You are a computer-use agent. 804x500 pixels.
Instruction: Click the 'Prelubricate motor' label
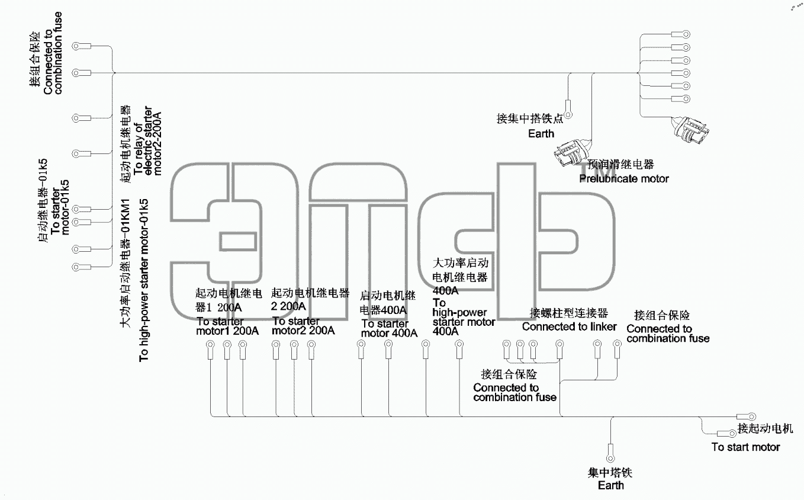click(x=624, y=178)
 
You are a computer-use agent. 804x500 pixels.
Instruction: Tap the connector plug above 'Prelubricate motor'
click(x=572, y=153)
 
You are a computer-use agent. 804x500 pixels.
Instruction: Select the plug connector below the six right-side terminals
click(x=690, y=130)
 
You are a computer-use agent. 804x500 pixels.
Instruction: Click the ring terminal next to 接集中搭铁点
click(x=568, y=110)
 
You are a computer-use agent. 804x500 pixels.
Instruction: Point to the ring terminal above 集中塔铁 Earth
click(x=610, y=453)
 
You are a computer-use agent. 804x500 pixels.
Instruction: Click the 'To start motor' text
click(x=745, y=447)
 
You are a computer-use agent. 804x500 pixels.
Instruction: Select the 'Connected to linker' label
click(x=570, y=326)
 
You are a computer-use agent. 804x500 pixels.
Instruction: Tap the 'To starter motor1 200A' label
click(x=227, y=326)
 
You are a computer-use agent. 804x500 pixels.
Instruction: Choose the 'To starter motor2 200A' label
click(x=303, y=326)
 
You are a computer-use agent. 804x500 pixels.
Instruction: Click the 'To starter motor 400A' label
click(x=389, y=328)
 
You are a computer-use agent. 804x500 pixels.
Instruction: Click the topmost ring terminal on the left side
click(x=82, y=46)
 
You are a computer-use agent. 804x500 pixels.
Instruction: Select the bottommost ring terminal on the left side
click(x=82, y=267)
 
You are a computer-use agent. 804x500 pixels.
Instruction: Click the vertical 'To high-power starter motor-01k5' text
click(x=143, y=280)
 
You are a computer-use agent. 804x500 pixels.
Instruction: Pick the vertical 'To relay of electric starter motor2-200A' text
click(x=147, y=140)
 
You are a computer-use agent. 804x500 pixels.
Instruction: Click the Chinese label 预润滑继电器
click(x=620, y=165)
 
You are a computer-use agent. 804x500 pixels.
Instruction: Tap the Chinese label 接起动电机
click(x=766, y=428)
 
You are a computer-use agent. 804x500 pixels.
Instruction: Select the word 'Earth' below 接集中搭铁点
click(x=541, y=134)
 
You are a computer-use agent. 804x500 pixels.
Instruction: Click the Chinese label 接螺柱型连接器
click(x=569, y=313)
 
